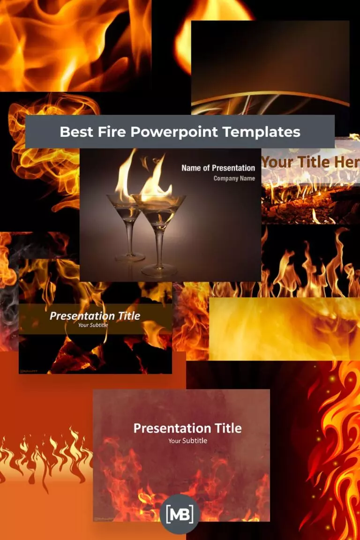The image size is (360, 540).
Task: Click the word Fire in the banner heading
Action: [110, 132]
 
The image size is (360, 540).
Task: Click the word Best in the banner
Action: [75, 132]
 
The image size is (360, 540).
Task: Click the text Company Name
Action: [234, 179]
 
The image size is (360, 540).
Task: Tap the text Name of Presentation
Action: [218, 168]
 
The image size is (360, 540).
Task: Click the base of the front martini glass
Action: [159, 270]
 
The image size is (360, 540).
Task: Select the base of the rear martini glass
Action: [130, 256]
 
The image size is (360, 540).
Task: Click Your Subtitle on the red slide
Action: [187, 441]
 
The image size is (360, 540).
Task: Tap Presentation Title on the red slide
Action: [187, 428]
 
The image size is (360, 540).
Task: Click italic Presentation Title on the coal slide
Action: [95, 316]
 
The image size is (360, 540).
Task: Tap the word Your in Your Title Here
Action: [277, 163]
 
